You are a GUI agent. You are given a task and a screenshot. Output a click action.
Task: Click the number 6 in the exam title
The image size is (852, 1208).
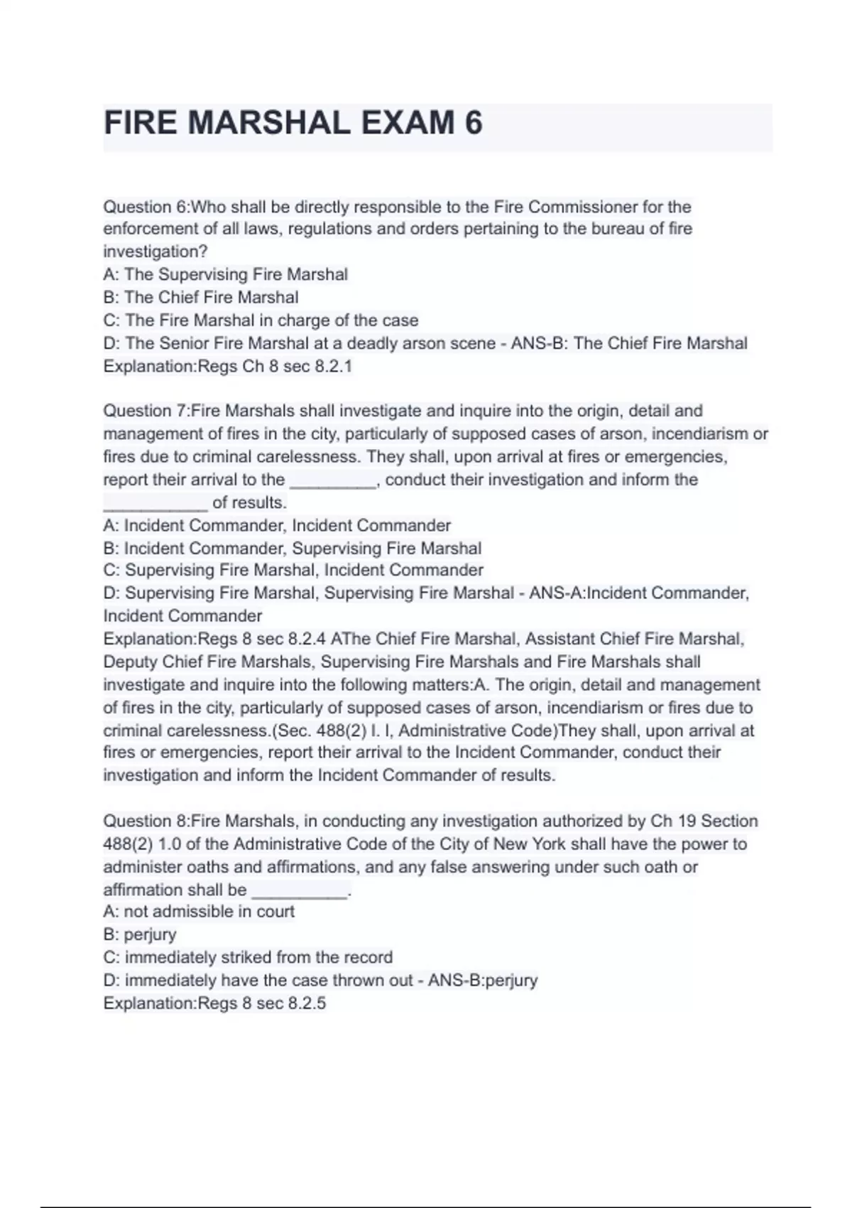[473, 123]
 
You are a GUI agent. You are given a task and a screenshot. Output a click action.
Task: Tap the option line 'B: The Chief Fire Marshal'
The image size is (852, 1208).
[201, 297]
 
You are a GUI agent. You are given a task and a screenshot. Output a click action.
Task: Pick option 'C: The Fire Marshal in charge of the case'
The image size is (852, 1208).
[261, 320]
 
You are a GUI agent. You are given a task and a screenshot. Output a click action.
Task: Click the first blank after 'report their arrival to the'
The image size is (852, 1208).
[333, 482]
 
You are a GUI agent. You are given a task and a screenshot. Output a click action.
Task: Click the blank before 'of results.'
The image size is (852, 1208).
[155, 505]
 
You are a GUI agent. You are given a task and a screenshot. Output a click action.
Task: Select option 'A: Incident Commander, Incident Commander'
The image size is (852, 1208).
[277, 526]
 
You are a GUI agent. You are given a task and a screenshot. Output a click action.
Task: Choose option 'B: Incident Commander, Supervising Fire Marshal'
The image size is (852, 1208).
[293, 549]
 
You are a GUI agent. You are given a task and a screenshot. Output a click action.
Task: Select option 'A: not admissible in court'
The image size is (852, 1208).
[199, 912]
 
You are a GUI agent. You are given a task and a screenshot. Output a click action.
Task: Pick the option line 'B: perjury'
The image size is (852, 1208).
[140, 934]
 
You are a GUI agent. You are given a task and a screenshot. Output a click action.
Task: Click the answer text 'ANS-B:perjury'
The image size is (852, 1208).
[482, 981]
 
